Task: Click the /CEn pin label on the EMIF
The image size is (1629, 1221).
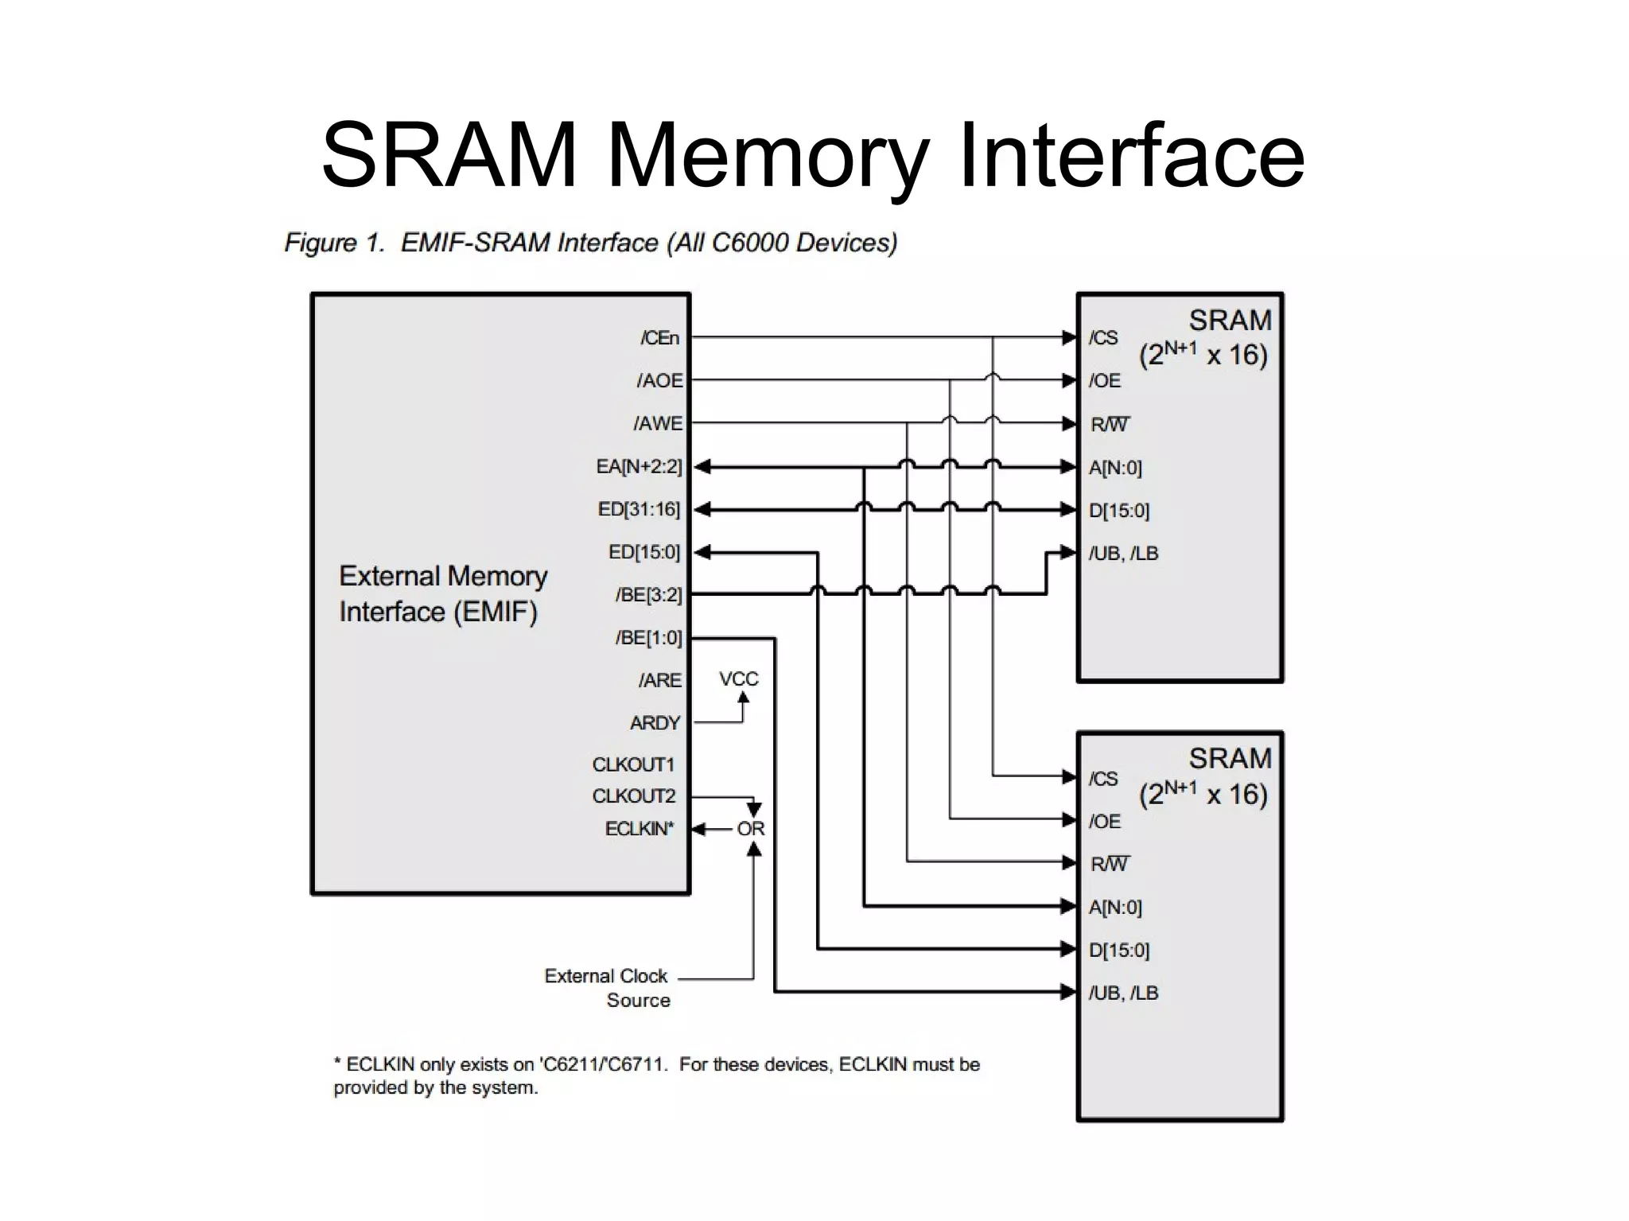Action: click(x=659, y=338)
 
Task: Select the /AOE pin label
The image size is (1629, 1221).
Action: click(x=659, y=381)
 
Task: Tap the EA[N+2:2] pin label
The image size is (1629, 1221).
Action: click(x=639, y=466)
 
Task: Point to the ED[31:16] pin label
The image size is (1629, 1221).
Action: click(x=639, y=509)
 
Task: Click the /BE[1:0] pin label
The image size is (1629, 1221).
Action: click(x=648, y=638)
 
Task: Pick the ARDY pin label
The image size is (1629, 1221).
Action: click(x=655, y=723)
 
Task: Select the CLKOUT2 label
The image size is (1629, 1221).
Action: click(x=633, y=796)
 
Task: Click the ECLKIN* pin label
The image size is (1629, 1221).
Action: click(x=639, y=829)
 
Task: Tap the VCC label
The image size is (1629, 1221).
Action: click(x=738, y=679)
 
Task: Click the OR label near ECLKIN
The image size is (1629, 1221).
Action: click(x=750, y=829)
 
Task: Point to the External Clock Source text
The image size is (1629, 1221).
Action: click(x=607, y=987)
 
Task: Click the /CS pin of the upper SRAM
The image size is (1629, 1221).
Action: click(x=1103, y=338)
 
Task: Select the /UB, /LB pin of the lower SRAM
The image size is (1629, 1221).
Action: click(x=1123, y=993)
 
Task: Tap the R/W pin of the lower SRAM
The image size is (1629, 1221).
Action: click(x=1110, y=864)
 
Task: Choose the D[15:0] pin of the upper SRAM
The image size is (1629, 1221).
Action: click(x=1118, y=511)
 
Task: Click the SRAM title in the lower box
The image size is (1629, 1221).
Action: click(x=1230, y=759)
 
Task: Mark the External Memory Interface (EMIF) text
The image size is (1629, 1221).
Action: click(x=442, y=593)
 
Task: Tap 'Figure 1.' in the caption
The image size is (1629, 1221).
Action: click(x=334, y=243)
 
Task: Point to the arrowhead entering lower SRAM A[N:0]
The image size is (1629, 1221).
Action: click(x=1069, y=905)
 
